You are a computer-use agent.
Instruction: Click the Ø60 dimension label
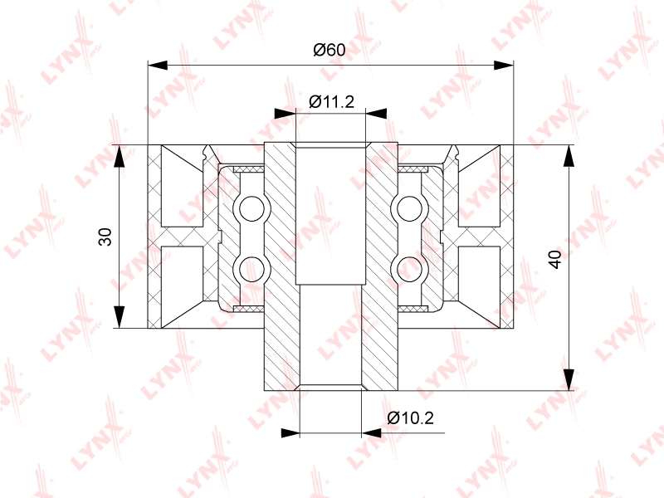[329, 50]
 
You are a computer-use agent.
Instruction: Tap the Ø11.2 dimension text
[331, 101]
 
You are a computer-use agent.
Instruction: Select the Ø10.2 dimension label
[410, 418]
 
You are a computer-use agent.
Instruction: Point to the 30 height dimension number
[105, 237]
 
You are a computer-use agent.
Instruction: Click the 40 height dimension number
[554, 259]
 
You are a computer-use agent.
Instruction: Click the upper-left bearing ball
[251, 209]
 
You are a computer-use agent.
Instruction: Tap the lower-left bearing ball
[251, 268]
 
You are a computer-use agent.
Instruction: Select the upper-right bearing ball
[409, 209]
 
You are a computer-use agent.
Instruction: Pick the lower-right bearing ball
[409, 268]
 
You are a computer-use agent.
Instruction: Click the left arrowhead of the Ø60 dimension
[158, 66]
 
